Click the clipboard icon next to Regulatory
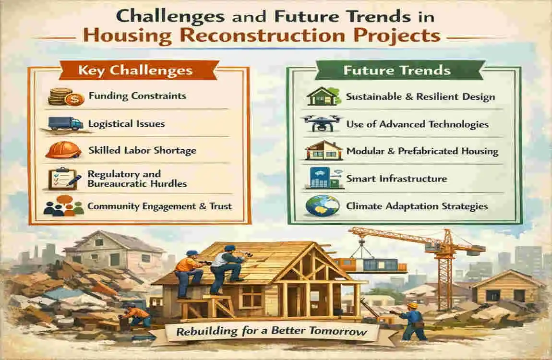61,179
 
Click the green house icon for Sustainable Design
320,96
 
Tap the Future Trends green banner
396,71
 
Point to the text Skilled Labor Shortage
142,150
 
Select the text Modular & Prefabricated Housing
422,152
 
